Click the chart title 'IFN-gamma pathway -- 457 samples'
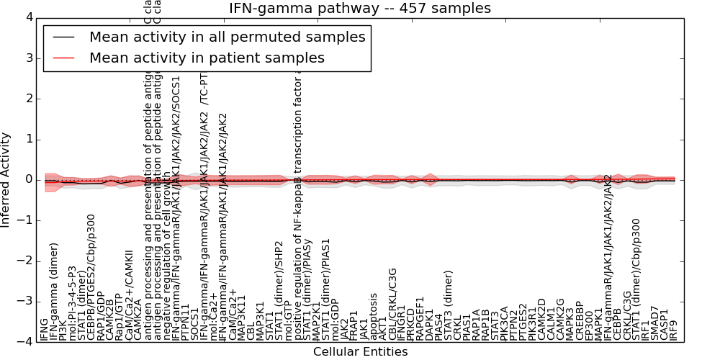tap(360, 9)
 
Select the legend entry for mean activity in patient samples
tap(207, 58)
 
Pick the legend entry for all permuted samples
tap(227, 37)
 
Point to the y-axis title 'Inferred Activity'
tap(6, 179)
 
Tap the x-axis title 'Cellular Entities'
tap(360, 351)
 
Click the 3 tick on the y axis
tap(28, 58)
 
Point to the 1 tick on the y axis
tap(28, 139)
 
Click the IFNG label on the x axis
tap(45, 329)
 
